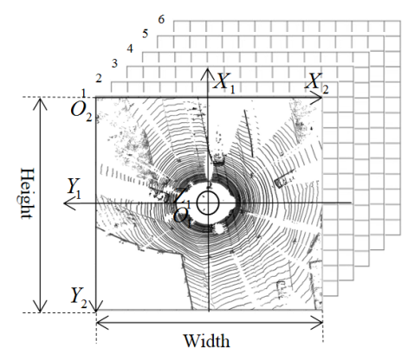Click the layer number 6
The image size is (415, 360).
tap(161, 20)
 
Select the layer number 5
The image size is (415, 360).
tap(146, 34)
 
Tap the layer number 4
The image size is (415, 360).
tap(130, 48)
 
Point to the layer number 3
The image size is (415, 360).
tap(114, 63)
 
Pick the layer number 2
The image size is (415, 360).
tap(99, 78)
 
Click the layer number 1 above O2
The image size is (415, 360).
tap(83, 93)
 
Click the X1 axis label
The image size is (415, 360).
tap(224, 83)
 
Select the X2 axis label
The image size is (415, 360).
tap(317, 83)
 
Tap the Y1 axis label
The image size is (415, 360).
tap(74, 188)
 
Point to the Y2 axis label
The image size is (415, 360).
tap(79, 298)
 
